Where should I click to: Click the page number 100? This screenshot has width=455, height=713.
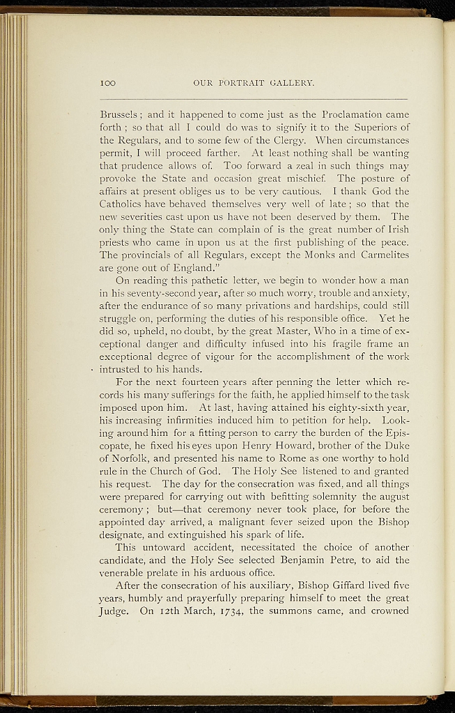pyautogui.click(x=107, y=84)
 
